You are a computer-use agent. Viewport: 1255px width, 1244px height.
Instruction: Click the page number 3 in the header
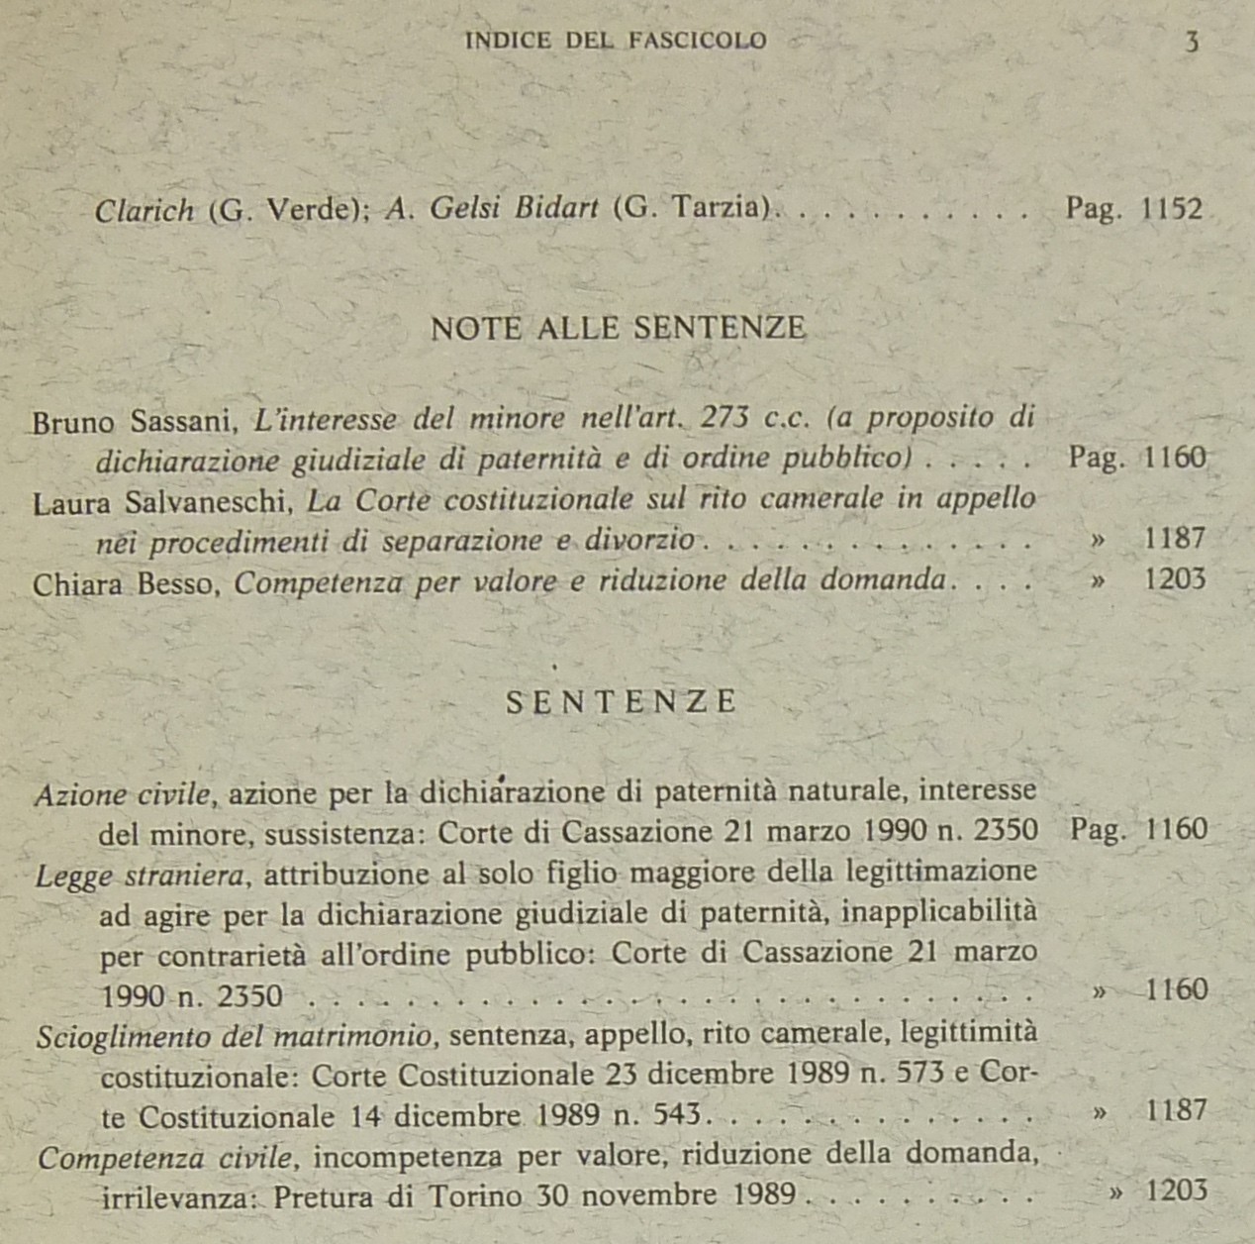click(1192, 42)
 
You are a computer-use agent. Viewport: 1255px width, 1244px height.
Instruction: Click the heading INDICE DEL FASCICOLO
click(616, 41)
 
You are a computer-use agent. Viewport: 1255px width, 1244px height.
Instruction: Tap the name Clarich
click(145, 211)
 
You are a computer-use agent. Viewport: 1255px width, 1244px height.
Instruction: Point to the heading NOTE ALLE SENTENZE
click(618, 328)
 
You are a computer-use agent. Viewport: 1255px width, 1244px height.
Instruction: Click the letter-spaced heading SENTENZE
click(621, 702)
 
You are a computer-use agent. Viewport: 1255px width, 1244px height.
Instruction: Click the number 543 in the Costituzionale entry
click(678, 1116)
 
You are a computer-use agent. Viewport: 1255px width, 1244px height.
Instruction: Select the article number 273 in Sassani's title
click(722, 417)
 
